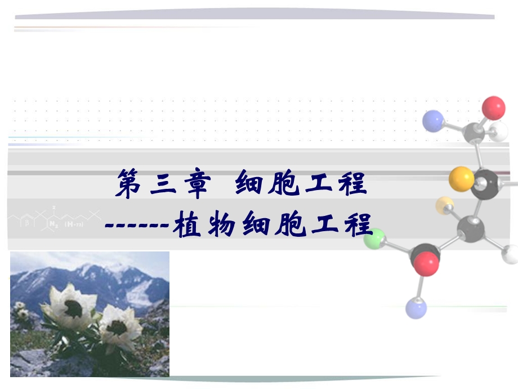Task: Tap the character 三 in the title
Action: [x=163, y=185]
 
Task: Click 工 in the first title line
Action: [x=319, y=184]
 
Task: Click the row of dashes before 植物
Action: [x=138, y=226]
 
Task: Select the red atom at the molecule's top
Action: [x=494, y=108]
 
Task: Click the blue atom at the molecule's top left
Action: [x=433, y=121]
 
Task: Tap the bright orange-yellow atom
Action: [x=462, y=179]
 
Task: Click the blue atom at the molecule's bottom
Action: [x=416, y=308]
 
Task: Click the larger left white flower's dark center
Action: [x=73, y=308]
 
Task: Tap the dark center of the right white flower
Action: [x=117, y=326]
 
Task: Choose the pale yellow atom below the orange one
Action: [x=445, y=205]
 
